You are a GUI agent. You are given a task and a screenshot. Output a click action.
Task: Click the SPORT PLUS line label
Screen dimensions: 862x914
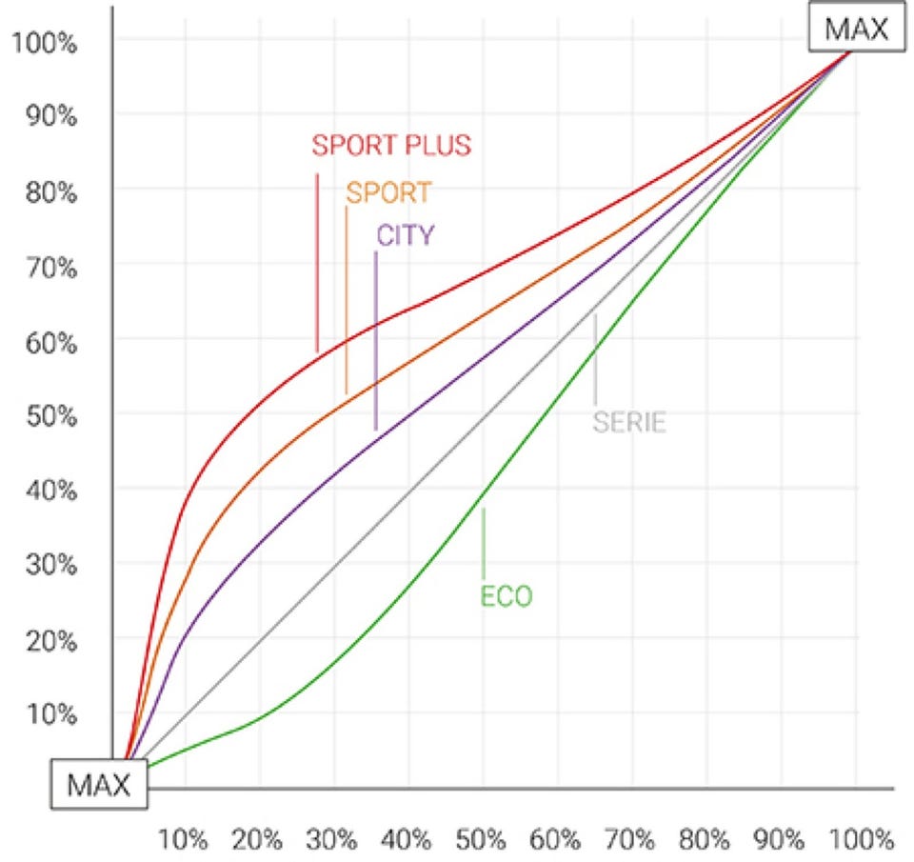click(392, 146)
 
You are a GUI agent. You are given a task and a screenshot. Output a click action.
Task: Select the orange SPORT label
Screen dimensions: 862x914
click(388, 192)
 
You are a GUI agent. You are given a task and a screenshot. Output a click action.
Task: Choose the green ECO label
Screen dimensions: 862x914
click(507, 597)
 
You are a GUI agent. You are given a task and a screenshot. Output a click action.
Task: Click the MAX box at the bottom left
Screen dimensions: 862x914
click(98, 787)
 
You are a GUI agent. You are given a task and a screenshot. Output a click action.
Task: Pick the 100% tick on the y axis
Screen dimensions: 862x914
click(46, 43)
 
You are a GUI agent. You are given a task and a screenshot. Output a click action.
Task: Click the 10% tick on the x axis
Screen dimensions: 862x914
click(183, 840)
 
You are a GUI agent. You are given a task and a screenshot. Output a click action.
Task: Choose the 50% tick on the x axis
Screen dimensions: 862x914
click(481, 840)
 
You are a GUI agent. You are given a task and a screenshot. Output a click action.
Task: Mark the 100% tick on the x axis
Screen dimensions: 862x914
click(856, 840)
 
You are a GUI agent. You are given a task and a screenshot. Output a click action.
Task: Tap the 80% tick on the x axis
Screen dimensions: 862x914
click(705, 840)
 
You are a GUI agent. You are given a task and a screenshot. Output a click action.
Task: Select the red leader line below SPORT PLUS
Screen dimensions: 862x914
click(317, 262)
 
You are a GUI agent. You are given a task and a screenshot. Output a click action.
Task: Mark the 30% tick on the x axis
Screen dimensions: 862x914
click(332, 840)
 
